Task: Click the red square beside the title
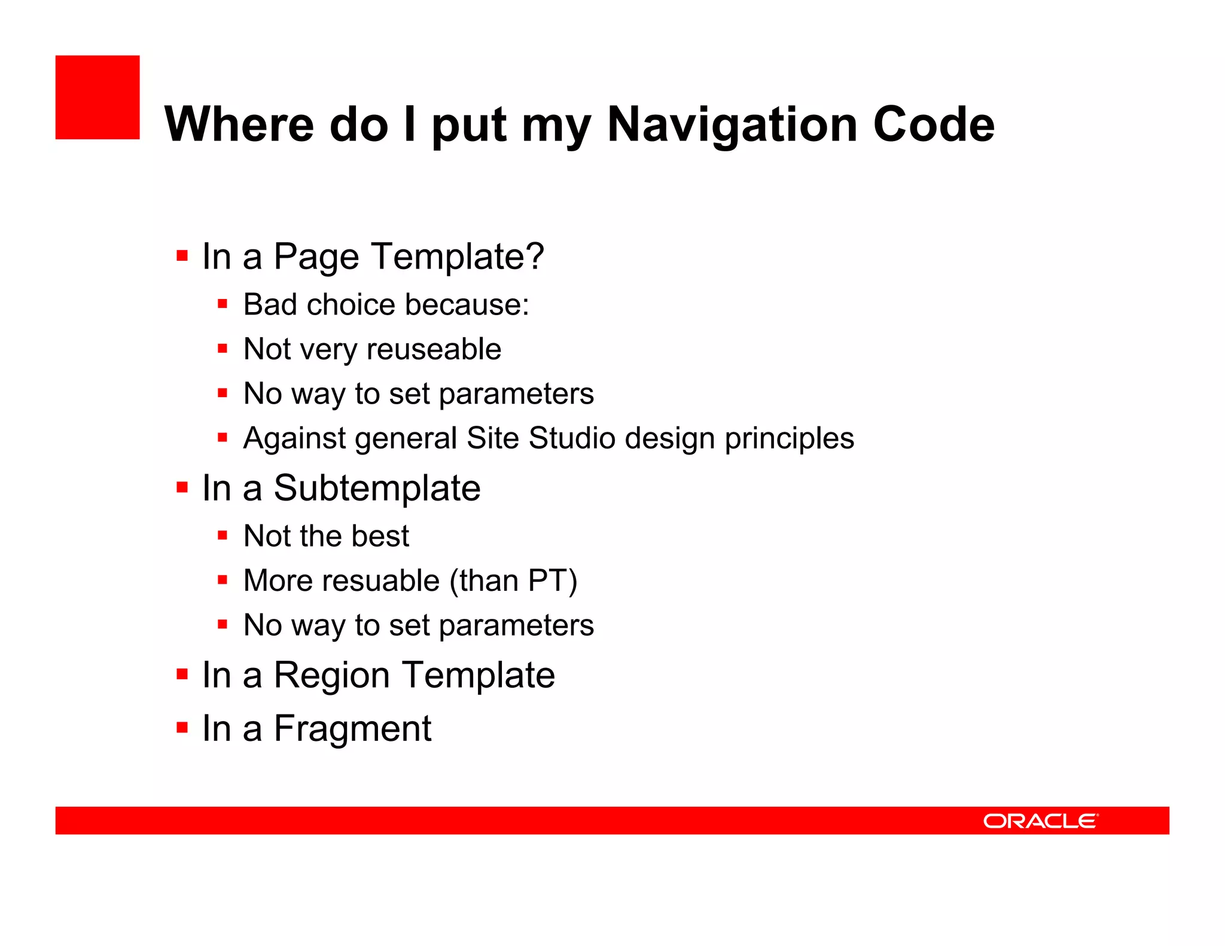(97, 97)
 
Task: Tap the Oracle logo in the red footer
(1041, 821)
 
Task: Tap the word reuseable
(435, 349)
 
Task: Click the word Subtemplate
(377, 488)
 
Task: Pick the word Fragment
(352, 728)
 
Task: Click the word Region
(332, 675)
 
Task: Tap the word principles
(790, 439)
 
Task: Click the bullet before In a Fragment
(182, 728)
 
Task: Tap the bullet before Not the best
(223, 535)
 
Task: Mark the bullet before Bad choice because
(223, 304)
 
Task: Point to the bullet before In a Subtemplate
(182, 487)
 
